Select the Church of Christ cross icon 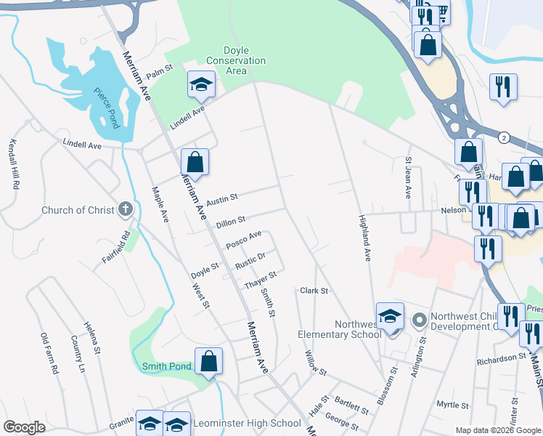coord(126,210)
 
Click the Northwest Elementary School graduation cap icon coord(390,317)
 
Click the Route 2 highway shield coord(503,137)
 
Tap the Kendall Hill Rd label coord(13,165)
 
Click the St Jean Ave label coord(408,177)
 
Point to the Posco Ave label coord(243,240)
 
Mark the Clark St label coord(314,291)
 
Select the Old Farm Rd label coord(49,353)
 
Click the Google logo coord(24,427)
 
